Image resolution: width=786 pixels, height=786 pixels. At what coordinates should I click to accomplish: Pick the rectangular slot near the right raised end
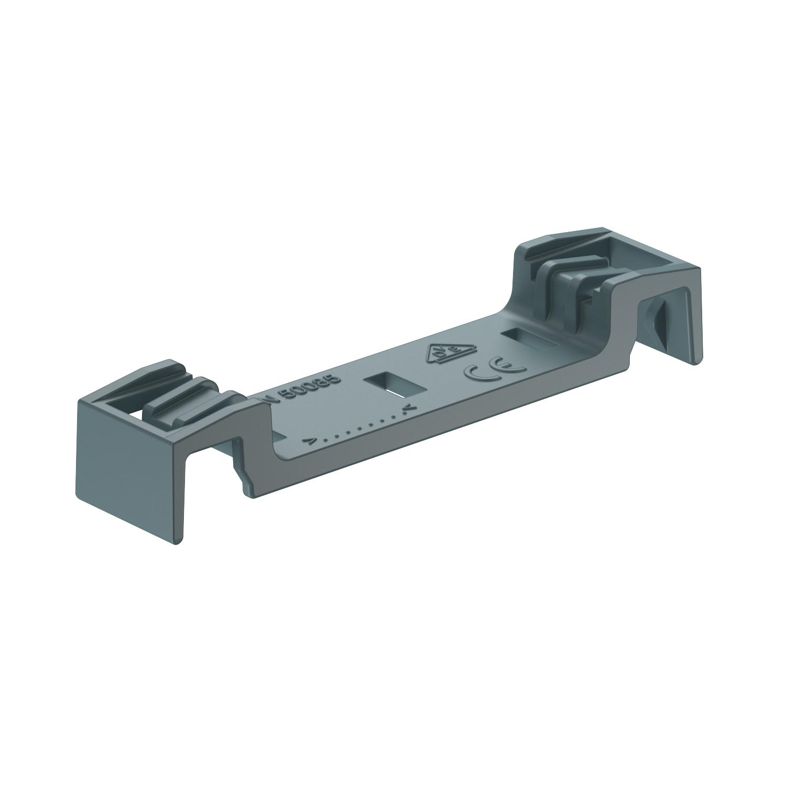click(x=528, y=339)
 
